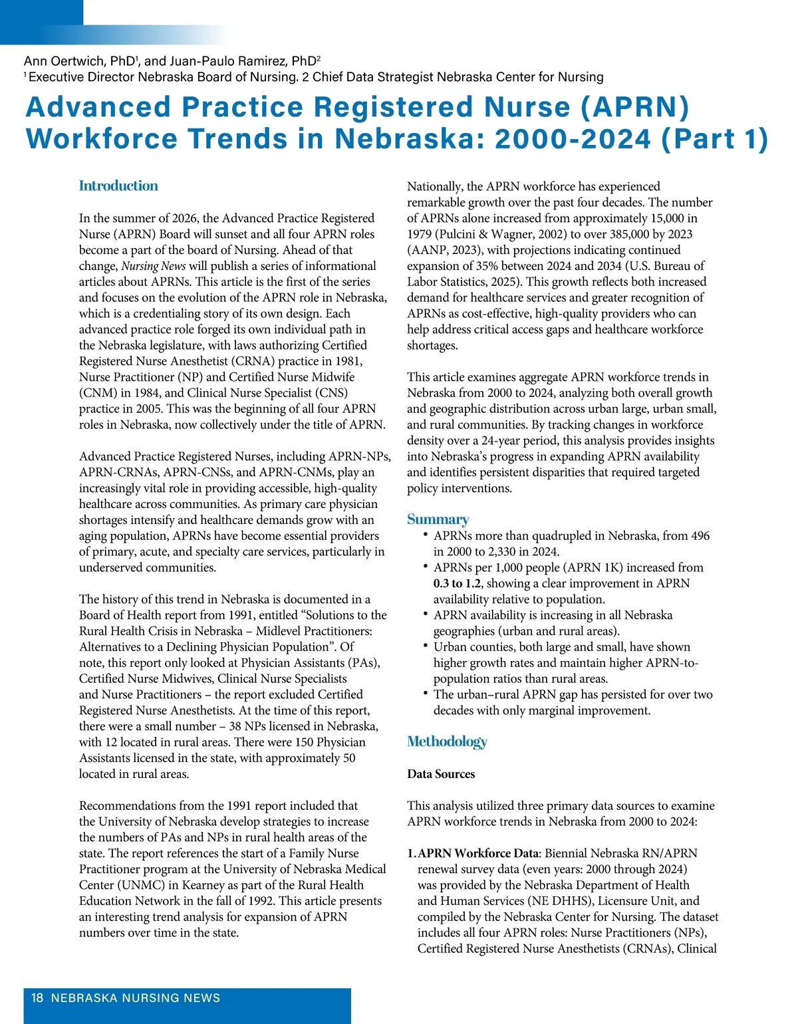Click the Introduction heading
click(x=118, y=186)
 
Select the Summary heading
click(x=438, y=519)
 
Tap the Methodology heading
click(x=447, y=741)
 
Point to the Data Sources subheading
click(x=441, y=774)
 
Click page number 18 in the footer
click(x=37, y=997)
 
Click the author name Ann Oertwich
click(x=66, y=61)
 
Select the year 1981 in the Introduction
click(x=349, y=361)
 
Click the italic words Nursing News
click(x=153, y=266)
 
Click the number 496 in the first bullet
click(x=696, y=535)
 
